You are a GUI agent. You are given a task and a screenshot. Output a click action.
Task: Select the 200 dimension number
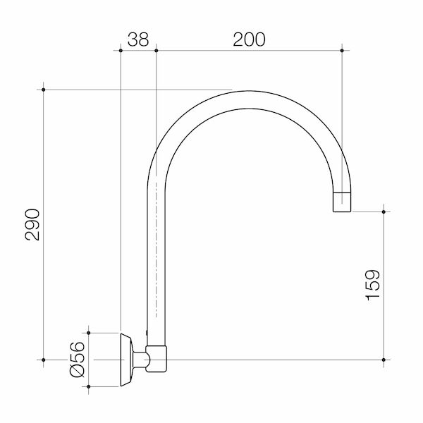point(249,39)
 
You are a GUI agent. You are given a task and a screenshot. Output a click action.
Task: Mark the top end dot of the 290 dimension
point(44,90)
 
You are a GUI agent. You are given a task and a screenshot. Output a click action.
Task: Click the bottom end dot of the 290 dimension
point(44,360)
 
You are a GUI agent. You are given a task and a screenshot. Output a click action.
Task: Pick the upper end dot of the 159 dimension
point(384,210)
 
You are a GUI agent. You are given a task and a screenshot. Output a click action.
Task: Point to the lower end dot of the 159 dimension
point(384,360)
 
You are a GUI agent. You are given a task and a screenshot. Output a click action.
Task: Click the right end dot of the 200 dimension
point(342,50)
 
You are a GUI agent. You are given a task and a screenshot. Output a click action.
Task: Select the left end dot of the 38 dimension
point(121,50)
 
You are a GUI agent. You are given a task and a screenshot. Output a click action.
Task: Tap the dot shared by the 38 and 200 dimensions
point(155,50)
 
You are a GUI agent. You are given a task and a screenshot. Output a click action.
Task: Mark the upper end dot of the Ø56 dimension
point(88,331)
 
